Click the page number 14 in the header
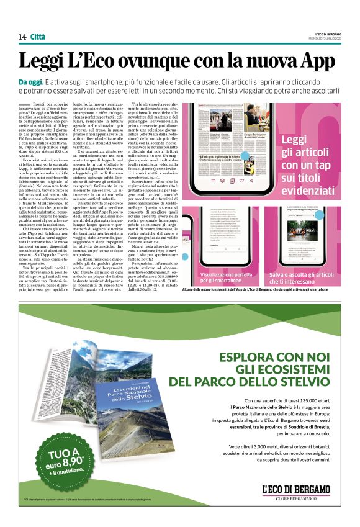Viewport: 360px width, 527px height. pos(22,37)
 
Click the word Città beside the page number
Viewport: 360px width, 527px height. pos(38,37)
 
